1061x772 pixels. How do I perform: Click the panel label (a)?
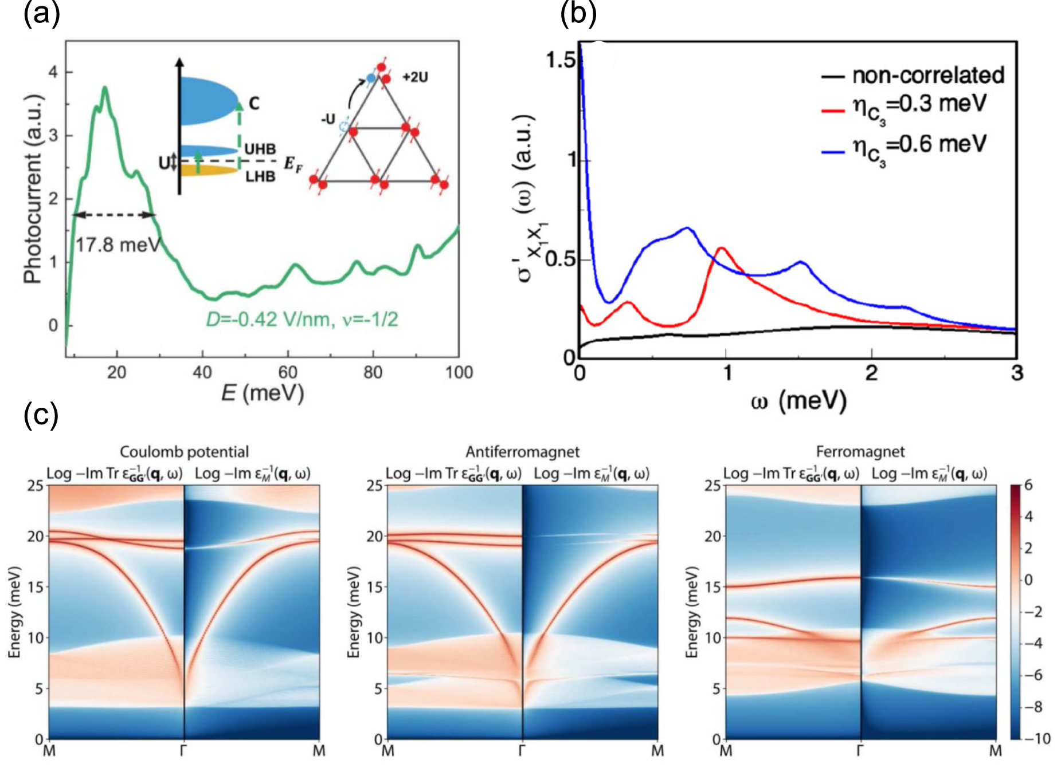click(x=41, y=14)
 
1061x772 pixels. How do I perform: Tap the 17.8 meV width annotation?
click(x=118, y=245)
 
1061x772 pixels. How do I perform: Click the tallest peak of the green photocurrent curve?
click(x=105, y=88)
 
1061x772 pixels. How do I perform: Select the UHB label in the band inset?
click(x=260, y=149)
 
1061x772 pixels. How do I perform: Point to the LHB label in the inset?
click(x=260, y=176)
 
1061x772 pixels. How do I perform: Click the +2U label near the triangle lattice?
click(x=415, y=77)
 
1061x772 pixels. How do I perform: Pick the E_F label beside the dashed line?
click(x=293, y=165)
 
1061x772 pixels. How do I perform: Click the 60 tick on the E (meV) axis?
click(x=287, y=373)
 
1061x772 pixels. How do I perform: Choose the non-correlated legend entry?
click(x=927, y=75)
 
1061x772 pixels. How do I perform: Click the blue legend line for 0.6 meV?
click(x=833, y=152)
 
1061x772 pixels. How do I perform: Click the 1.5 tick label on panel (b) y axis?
click(x=561, y=60)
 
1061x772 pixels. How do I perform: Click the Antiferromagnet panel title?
click(x=522, y=452)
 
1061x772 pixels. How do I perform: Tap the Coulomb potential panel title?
click(x=184, y=452)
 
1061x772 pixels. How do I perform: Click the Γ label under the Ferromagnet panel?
click(x=860, y=750)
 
